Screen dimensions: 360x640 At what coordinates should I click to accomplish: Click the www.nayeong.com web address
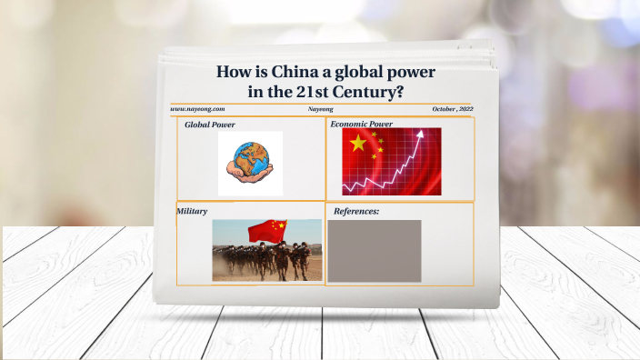tap(197, 109)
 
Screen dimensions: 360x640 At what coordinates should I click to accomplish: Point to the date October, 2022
tap(453, 109)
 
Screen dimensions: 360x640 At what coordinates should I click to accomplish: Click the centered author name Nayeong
tap(321, 109)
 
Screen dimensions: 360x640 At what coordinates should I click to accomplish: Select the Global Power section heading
tap(210, 125)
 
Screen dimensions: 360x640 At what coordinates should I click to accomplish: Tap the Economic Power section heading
tap(361, 124)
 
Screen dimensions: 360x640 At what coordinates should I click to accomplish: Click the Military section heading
tap(192, 211)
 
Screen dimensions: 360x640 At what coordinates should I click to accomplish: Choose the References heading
tap(356, 212)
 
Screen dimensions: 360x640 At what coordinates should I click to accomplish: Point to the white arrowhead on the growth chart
tap(419, 135)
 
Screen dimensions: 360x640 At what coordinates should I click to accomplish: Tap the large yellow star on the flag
tap(357, 143)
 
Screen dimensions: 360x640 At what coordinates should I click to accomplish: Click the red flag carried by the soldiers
tap(266, 229)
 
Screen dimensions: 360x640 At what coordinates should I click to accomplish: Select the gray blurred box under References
tap(374, 251)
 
